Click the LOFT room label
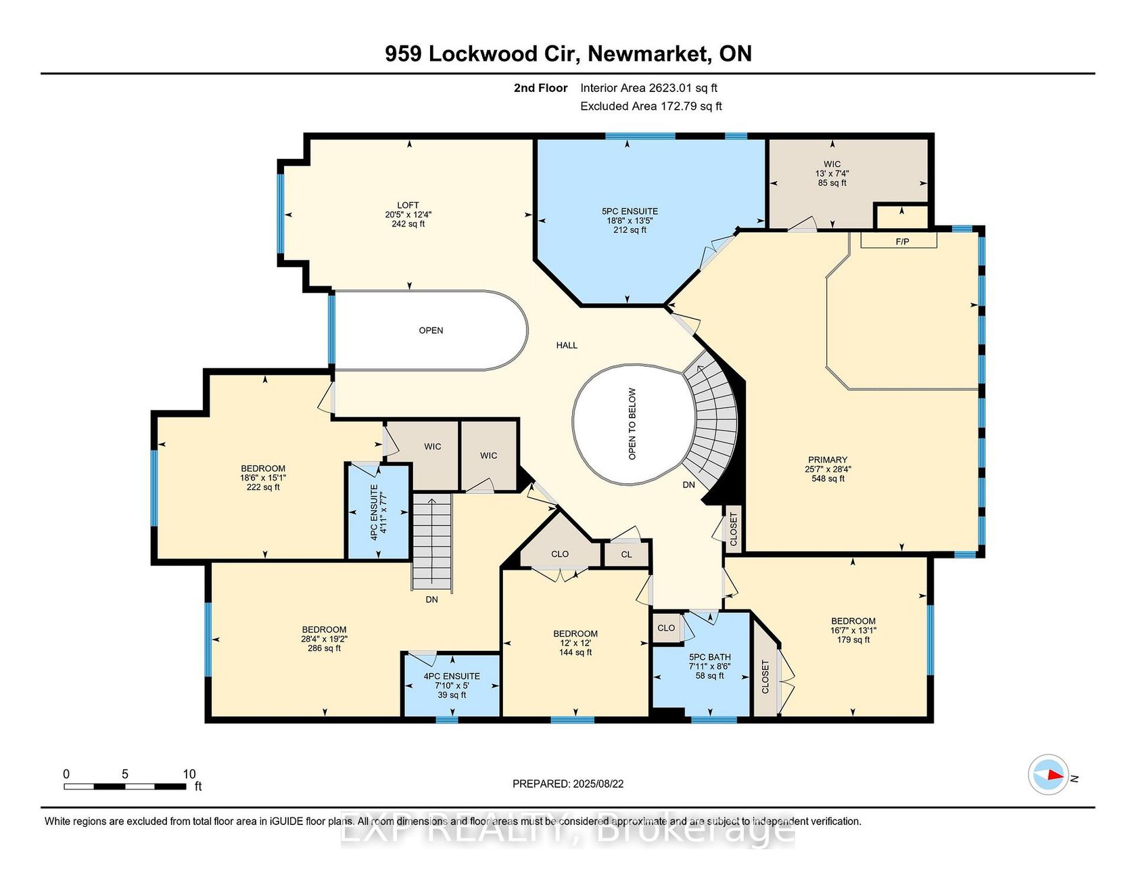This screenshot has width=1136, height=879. (408, 205)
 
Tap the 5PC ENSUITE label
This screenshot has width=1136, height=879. (630, 211)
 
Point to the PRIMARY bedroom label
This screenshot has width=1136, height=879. (828, 459)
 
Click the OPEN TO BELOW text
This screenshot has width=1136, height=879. (632, 424)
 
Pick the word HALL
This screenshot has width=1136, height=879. (567, 345)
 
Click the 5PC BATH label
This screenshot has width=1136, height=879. (710, 657)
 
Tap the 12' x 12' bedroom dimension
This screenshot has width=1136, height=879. (575, 643)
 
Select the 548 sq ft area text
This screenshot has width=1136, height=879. (828, 478)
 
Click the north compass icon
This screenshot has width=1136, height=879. (1048, 774)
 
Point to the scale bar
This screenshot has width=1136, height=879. (125, 786)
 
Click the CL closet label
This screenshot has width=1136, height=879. (626, 554)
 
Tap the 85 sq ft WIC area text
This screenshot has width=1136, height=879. (832, 183)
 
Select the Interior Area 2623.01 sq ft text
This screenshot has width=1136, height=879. (648, 88)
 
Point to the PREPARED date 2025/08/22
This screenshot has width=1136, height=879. (568, 784)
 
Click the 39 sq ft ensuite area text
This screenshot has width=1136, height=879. (452, 695)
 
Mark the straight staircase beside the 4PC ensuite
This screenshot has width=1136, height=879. (431, 541)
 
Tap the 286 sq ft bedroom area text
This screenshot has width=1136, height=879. (324, 648)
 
